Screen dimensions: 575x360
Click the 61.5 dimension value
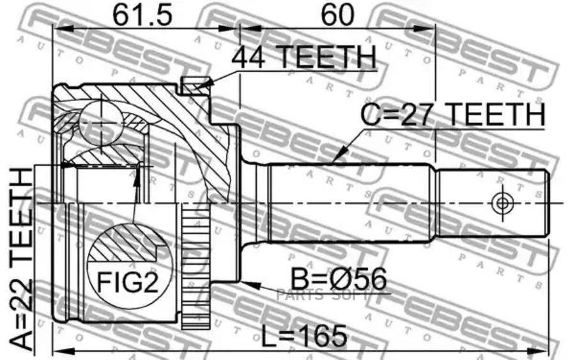(x=142, y=15)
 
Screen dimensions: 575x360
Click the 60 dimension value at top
(x=337, y=15)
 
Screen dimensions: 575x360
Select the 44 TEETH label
(x=303, y=57)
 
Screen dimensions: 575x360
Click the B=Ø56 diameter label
(x=339, y=279)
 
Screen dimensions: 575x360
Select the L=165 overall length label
(x=304, y=336)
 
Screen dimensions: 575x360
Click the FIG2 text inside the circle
(x=128, y=282)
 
